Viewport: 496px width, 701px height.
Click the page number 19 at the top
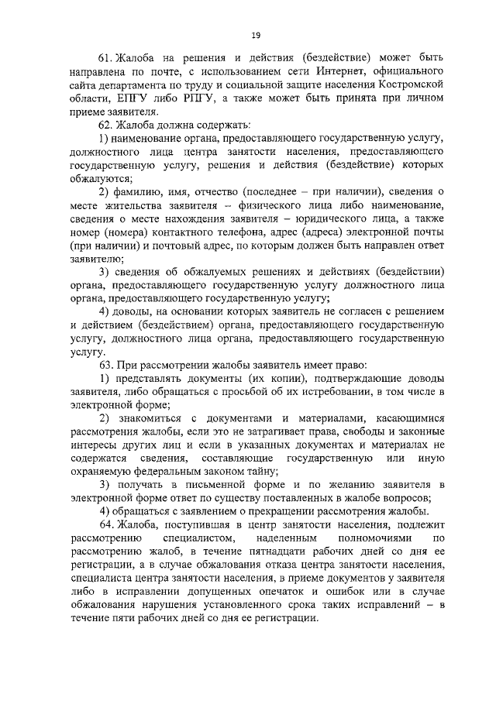255,34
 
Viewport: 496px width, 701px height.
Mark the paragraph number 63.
106,364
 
